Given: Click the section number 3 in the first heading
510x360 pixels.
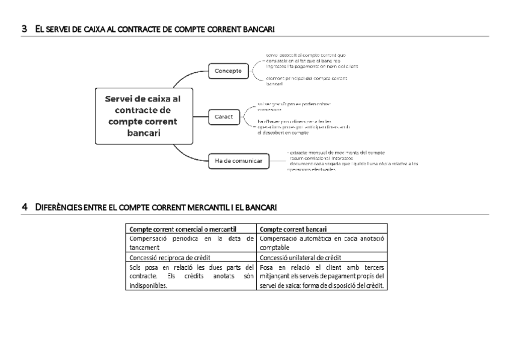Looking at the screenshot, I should click(24, 28).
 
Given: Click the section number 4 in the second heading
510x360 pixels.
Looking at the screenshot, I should click(24, 207).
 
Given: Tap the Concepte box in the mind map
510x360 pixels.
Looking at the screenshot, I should click(228, 71).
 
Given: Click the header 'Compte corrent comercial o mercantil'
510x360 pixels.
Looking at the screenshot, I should click(183, 229).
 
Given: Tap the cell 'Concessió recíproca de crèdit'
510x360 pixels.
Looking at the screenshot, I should click(165, 257).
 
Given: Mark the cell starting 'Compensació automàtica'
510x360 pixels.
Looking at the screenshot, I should click(321, 243).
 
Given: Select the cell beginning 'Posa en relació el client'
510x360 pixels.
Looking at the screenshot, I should click(321, 276).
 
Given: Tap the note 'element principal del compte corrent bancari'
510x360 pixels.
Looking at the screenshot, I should click(307, 81).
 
